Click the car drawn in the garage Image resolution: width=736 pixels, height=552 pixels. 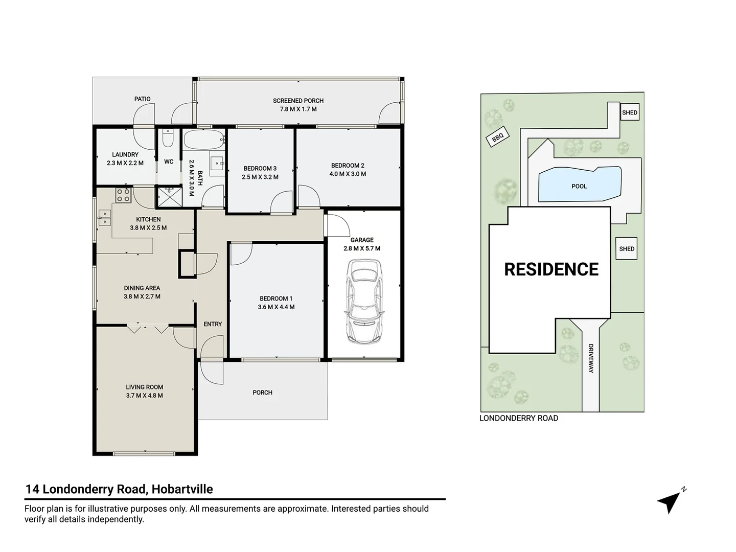(364, 302)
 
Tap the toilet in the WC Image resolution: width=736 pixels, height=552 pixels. (168, 138)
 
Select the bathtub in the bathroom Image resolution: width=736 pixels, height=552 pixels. (204, 140)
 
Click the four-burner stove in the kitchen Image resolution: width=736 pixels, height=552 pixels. (123, 195)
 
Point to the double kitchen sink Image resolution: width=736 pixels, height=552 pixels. (104, 218)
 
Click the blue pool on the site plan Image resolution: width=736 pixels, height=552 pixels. (580, 185)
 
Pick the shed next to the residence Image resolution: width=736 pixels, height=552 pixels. (626, 248)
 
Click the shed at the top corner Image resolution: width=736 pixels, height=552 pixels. (629, 112)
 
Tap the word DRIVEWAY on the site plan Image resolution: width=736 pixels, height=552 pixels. (591, 358)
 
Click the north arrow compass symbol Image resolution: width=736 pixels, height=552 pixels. (671, 502)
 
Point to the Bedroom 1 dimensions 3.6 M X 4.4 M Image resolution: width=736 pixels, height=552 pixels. (276, 307)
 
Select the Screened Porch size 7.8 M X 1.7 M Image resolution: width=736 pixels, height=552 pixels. (298, 109)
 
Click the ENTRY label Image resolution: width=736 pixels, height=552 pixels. (213, 324)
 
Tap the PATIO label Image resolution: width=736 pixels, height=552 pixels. (142, 99)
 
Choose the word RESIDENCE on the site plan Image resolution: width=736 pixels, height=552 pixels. (551, 269)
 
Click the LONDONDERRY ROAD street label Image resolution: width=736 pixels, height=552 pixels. (519, 418)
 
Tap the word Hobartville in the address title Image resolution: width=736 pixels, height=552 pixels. (182, 489)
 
